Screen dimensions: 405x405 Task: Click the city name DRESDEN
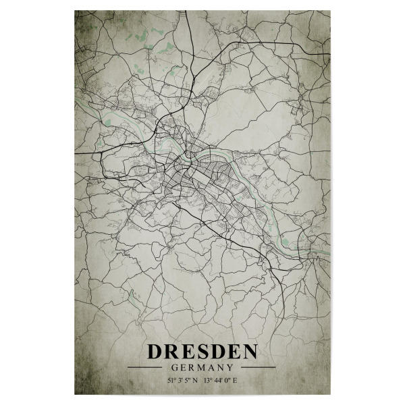202,352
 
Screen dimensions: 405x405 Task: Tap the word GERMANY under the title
202,367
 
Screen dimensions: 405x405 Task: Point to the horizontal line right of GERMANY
253,367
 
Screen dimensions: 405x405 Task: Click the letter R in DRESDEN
168,352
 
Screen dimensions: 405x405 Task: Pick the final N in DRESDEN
248,352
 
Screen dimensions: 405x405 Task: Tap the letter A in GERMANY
212,367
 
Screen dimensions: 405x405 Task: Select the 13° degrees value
210,381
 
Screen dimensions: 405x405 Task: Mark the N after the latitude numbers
196,381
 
